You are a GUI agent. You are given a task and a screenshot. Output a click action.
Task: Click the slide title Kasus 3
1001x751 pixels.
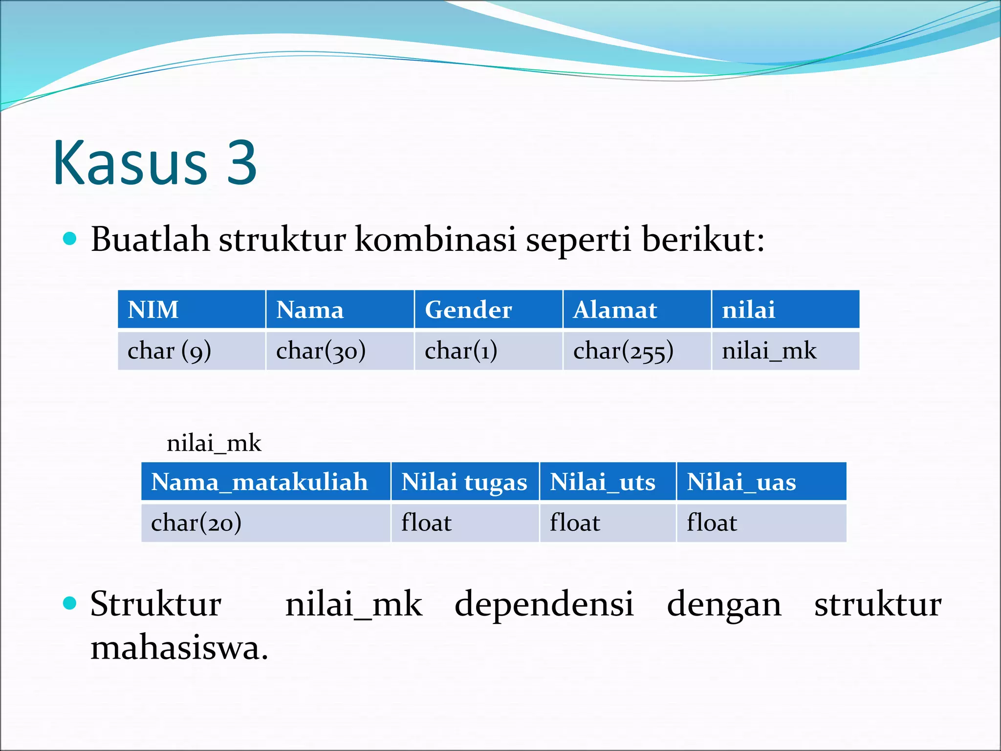pyautogui.click(x=154, y=163)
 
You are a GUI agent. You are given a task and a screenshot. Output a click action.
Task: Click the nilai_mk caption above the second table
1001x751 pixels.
pyautogui.click(x=214, y=443)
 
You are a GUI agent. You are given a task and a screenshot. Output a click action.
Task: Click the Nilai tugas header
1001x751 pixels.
pyautogui.click(x=464, y=482)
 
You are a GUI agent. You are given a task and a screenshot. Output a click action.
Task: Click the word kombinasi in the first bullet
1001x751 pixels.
pyautogui.click(x=435, y=240)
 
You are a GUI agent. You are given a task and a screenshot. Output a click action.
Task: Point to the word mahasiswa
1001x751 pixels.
pyautogui.click(x=179, y=648)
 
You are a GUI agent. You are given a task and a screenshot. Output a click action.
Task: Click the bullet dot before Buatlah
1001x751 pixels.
pyautogui.click(x=70, y=239)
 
